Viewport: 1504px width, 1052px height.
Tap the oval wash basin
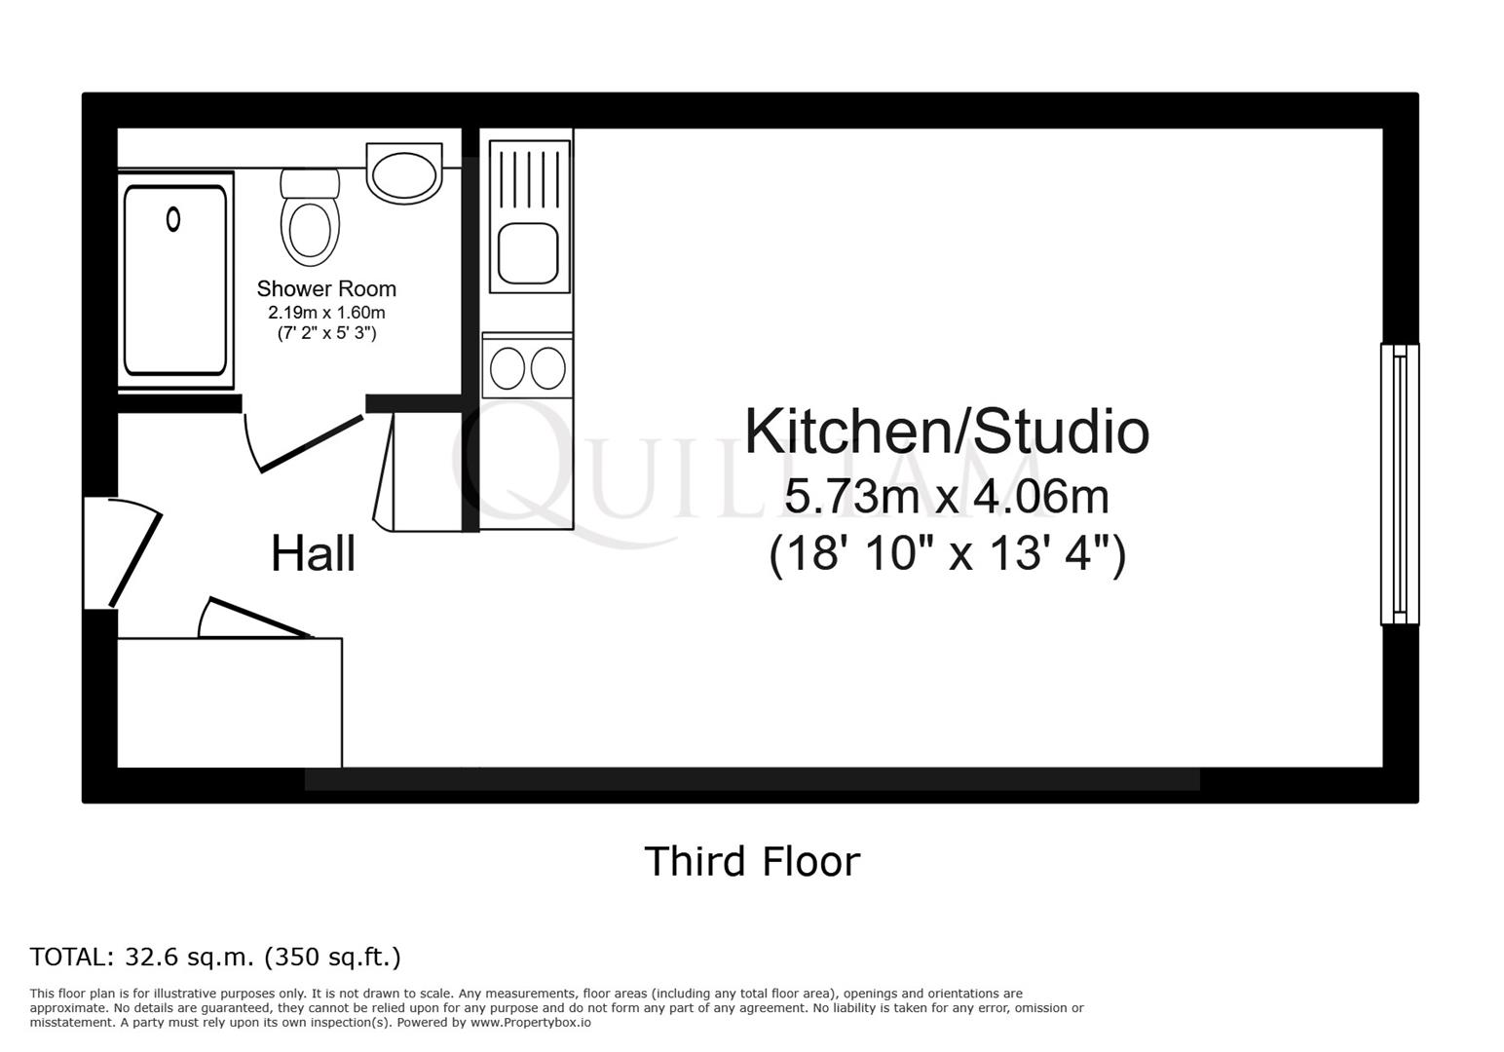click(404, 174)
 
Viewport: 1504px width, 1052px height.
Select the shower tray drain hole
click(173, 219)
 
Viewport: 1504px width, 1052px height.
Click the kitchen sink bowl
click(528, 253)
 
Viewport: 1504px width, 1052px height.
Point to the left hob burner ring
click(507, 368)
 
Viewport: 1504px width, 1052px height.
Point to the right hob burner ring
click(547, 368)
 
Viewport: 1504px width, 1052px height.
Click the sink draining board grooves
click(529, 179)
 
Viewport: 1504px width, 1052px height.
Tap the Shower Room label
click(326, 288)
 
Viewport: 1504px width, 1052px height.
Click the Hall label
click(313, 554)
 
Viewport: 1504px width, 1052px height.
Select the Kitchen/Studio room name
click(947, 432)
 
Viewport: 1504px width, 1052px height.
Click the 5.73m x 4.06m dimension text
click(947, 496)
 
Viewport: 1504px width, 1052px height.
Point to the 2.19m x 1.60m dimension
click(326, 312)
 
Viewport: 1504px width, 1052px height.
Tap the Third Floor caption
click(752, 861)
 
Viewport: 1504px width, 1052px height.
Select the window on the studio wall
click(1400, 485)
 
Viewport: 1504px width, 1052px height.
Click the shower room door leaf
click(312, 444)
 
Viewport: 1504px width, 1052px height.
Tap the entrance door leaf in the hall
click(135, 560)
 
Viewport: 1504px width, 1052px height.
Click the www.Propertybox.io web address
click(531, 1023)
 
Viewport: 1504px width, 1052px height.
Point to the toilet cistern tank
click(310, 182)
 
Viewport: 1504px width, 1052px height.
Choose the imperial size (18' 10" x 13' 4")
click(947, 554)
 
